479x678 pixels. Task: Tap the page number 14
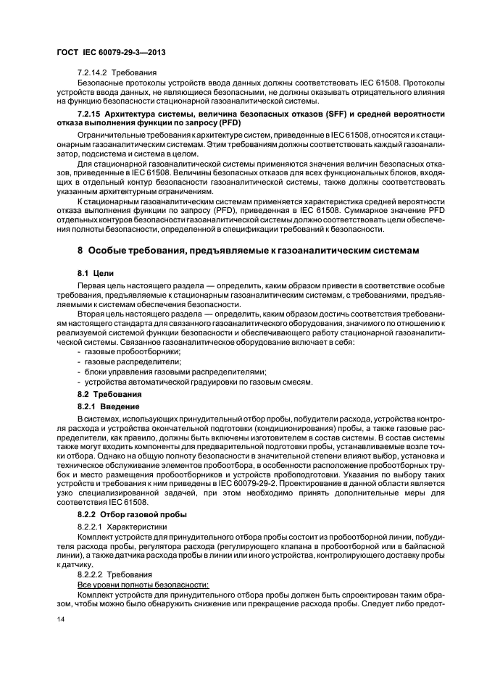pyautogui.click(x=62, y=621)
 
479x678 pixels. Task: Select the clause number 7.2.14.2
pyautogui.click(x=92, y=75)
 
